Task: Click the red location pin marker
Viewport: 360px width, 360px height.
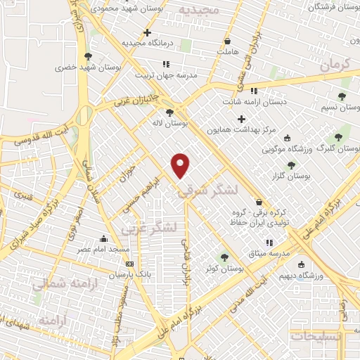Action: coord(181,166)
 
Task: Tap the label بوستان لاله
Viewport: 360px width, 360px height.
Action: coord(175,123)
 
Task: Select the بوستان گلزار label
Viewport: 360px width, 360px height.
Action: coord(290,177)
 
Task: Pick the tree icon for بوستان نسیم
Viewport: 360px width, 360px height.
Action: coord(342,97)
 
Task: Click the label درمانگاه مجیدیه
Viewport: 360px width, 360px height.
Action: coord(147,43)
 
